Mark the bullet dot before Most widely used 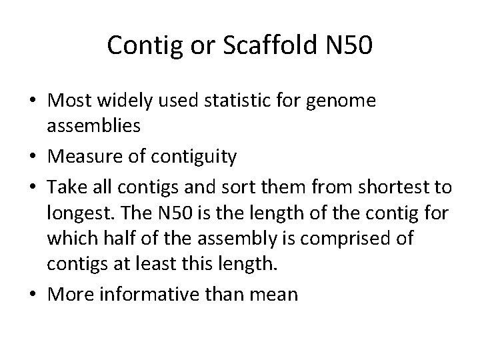[34, 102]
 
